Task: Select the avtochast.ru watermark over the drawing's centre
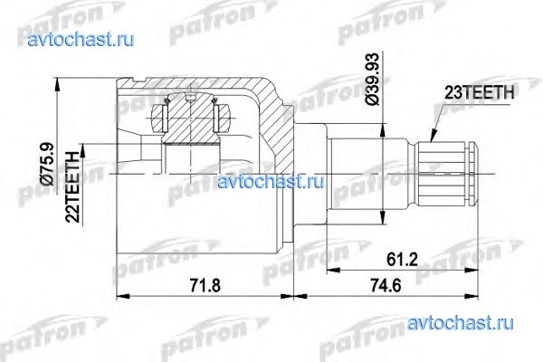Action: pyautogui.click(x=271, y=181)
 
